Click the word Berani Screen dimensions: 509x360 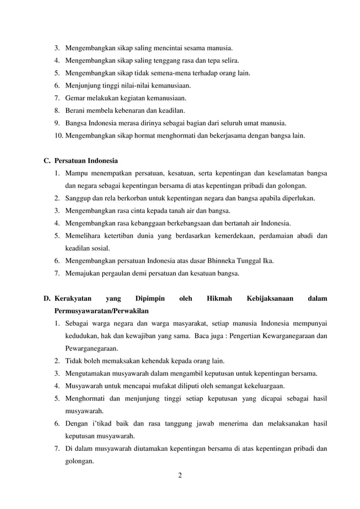pyautogui.click(x=77, y=111)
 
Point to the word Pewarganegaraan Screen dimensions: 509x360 pyautogui.click(x=94, y=348)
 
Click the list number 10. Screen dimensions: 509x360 pyautogui.click(x=59, y=135)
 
